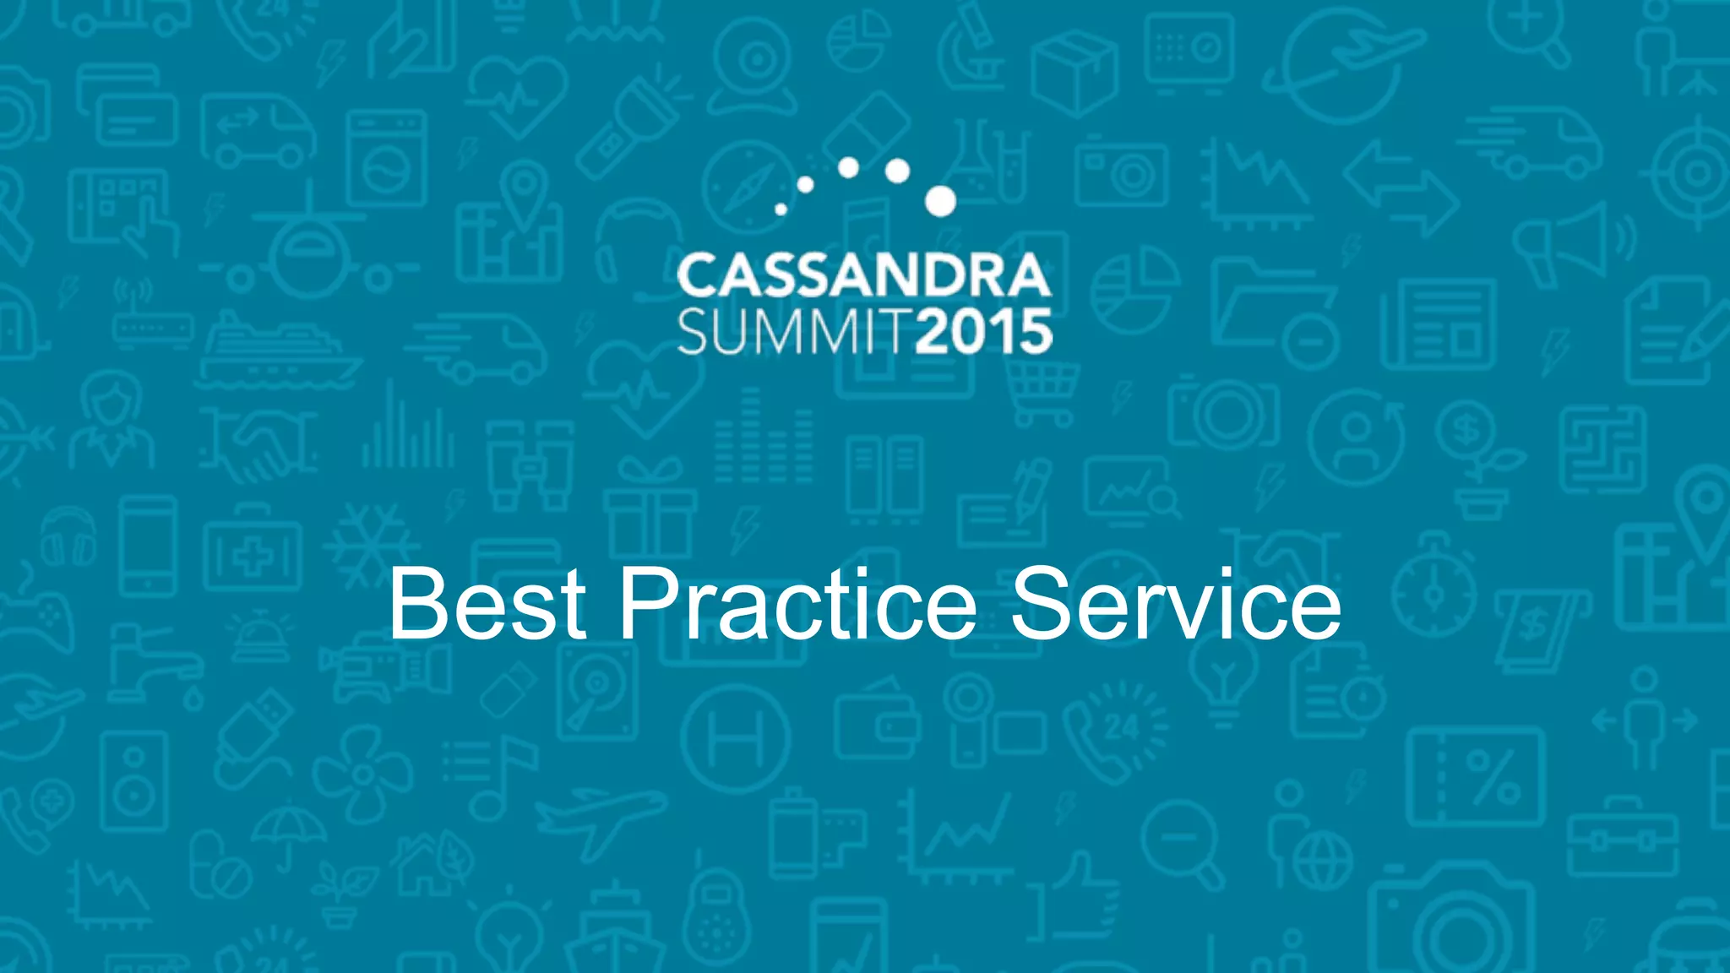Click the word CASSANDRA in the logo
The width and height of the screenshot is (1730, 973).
click(x=863, y=276)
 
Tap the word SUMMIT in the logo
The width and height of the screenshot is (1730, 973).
click(x=794, y=332)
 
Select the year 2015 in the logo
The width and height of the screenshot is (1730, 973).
click(x=984, y=332)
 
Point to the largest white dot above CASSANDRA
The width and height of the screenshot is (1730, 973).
click(x=940, y=201)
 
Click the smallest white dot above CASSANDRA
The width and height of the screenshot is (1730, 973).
click(x=781, y=209)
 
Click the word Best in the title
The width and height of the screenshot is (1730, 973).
click(x=487, y=604)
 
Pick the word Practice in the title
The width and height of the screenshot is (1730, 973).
click(x=798, y=604)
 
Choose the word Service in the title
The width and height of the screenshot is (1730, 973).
click(x=1175, y=604)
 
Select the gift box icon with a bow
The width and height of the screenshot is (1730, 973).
click(x=649, y=507)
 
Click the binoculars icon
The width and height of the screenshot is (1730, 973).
click(x=530, y=465)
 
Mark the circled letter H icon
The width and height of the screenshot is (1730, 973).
click(x=736, y=738)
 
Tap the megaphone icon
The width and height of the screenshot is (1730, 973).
click(x=1571, y=245)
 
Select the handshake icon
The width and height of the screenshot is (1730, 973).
click(x=258, y=445)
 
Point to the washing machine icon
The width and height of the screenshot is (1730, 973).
click(x=386, y=159)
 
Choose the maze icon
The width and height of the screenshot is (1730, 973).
click(x=1602, y=449)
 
